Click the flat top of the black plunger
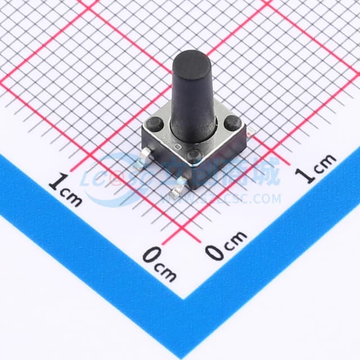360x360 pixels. (x=192, y=60)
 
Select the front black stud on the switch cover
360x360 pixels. (x=193, y=154)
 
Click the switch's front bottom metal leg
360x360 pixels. (x=177, y=192)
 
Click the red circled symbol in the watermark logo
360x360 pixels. (x=118, y=179)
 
